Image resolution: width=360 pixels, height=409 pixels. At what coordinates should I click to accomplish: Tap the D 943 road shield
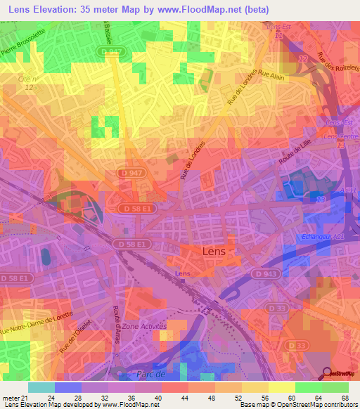pos(262,273)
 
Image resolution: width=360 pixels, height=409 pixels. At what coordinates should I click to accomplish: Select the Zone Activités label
pos(143,327)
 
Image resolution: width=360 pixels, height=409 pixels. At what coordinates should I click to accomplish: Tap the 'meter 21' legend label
pos(14,398)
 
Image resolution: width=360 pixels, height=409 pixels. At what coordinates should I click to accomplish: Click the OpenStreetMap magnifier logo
pos(327,372)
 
